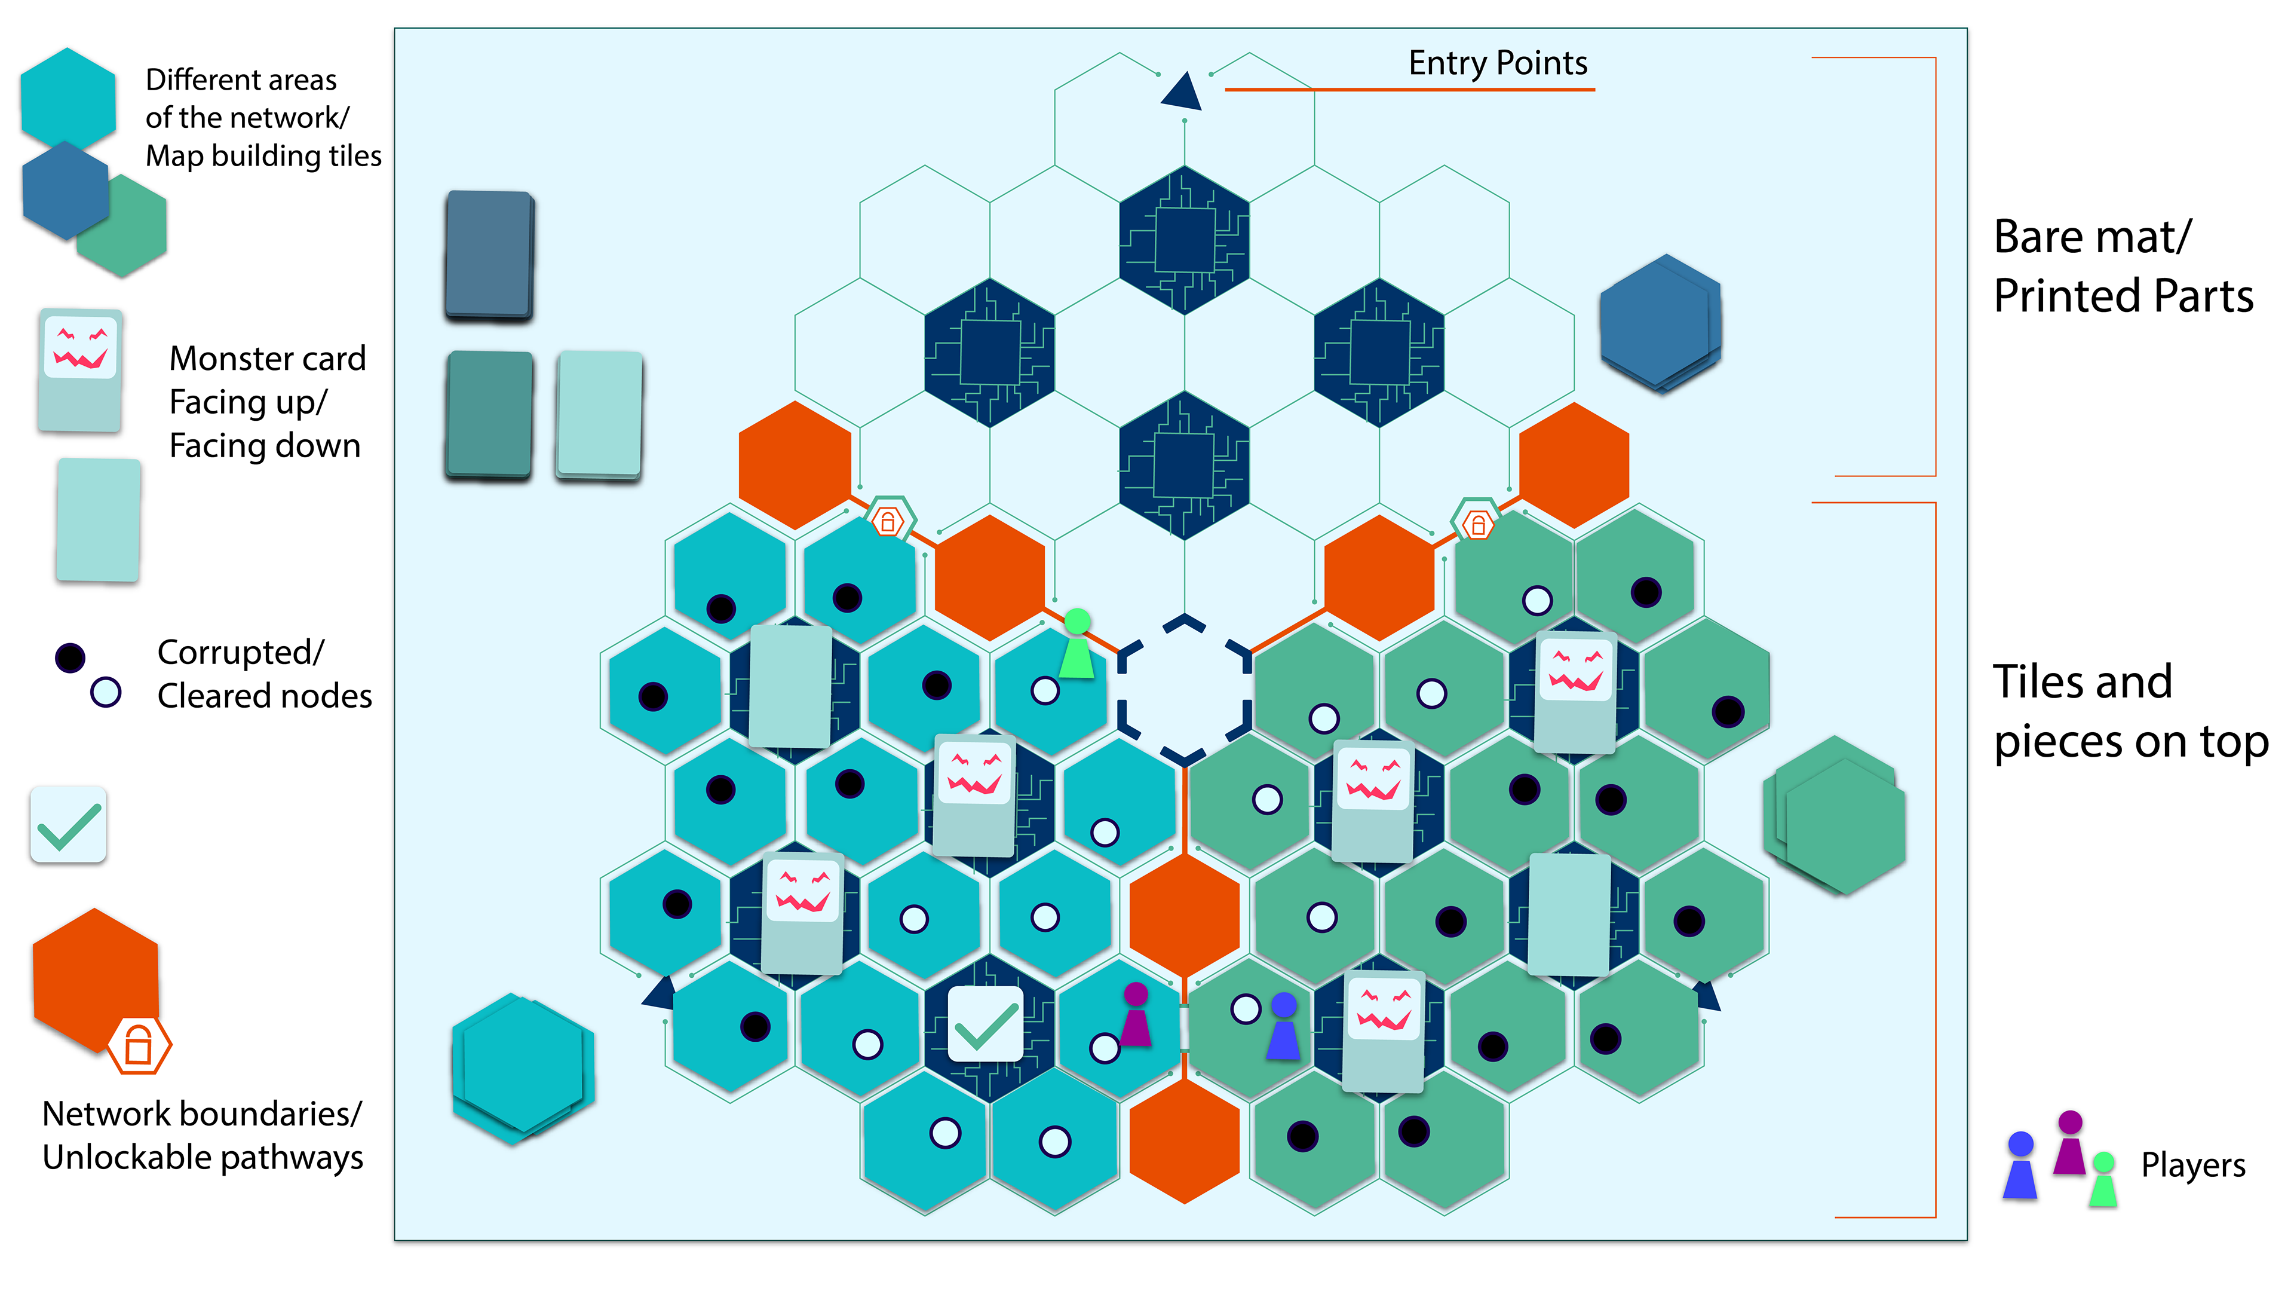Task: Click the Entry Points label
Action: click(1497, 63)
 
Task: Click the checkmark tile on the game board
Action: click(986, 1024)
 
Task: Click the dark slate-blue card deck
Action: click(489, 255)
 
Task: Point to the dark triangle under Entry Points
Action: click(1183, 92)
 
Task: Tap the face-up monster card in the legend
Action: click(80, 370)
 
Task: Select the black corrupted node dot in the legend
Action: click(69, 657)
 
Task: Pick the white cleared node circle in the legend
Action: click(105, 692)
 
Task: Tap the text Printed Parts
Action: click(2123, 296)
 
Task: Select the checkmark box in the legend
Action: click(69, 824)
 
